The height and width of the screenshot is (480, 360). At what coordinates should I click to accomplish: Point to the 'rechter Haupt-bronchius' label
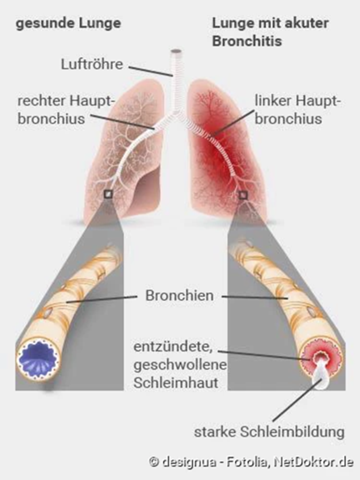pyautogui.click(x=60, y=110)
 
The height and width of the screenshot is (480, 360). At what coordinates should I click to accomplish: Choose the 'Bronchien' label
pyautogui.click(x=179, y=296)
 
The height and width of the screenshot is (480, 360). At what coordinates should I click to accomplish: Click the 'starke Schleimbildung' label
pyautogui.click(x=270, y=431)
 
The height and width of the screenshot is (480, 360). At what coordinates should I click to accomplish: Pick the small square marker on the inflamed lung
pyautogui.click(x=242, y=195)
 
